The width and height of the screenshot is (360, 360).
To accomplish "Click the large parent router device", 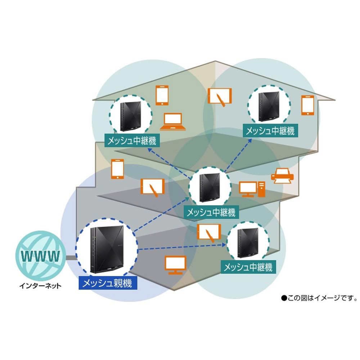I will (x=107, y=249).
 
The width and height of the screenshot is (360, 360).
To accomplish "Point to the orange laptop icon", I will (x=175, y=122).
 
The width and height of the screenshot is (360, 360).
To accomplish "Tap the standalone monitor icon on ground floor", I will (x=175, y=265).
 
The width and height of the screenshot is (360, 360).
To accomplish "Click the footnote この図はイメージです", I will (x=319, y=298).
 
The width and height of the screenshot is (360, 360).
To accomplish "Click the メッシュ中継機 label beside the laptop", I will (x=132, y=140).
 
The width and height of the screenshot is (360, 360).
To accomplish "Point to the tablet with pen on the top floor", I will (x=220, y=96).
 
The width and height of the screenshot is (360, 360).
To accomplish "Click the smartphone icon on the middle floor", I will (x=117, y=168).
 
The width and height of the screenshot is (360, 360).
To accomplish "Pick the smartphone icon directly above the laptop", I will (x=162, y=95).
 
